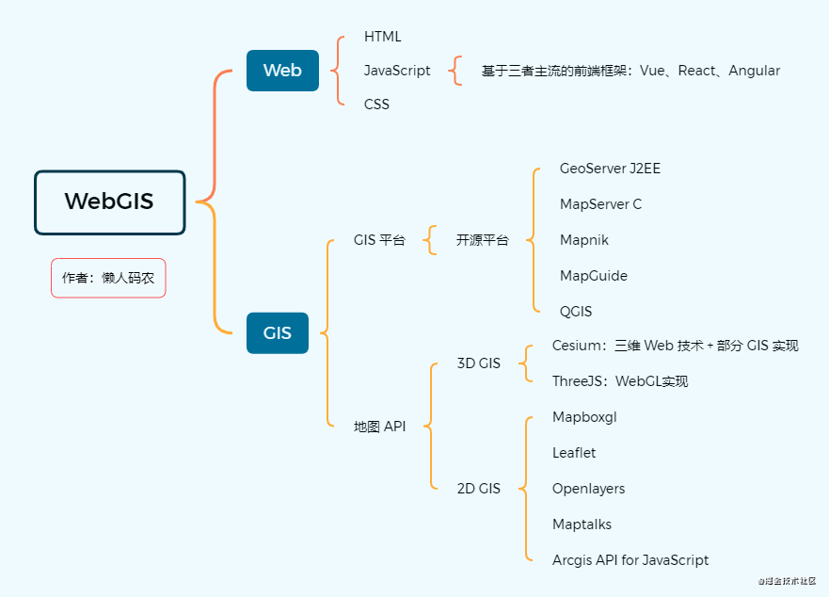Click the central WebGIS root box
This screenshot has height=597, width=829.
pos(109,202)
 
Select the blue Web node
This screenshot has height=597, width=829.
pos(282,71)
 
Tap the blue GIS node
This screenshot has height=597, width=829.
pos(278,332)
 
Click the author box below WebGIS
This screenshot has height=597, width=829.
pos(108,278)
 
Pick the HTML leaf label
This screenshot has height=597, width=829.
pos(383,37)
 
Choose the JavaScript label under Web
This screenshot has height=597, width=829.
pos(397,71)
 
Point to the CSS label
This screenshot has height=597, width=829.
pos(376,105)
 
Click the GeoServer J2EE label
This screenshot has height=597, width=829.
pos(610,169)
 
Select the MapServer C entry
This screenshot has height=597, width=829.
pos(600,204)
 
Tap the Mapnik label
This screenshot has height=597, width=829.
pos(583,240)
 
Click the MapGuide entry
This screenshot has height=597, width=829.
pos(593,276)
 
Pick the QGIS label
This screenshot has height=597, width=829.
pos(576,312)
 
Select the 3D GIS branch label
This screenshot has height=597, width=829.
pos(478,363)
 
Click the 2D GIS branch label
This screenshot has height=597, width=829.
pos(478,489)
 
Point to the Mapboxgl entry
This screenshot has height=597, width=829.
pos(584,417)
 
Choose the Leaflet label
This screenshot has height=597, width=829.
pos(574,453)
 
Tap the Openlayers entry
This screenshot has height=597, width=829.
pos(588,489)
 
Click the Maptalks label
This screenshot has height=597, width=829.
pos(582,524)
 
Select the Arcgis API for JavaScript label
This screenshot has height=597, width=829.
pos(630,560)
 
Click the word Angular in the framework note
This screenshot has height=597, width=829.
pos(754,71)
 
